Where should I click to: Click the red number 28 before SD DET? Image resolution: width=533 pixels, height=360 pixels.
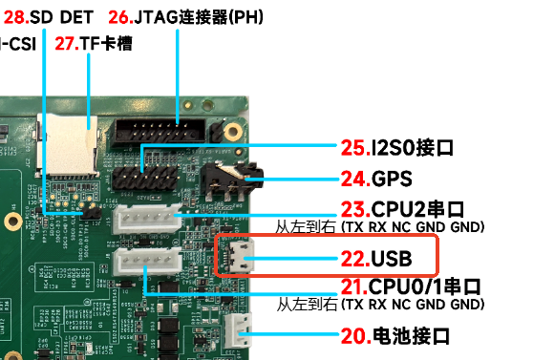tap(16, 17)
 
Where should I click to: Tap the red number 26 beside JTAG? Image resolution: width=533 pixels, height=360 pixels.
tap(121, 17)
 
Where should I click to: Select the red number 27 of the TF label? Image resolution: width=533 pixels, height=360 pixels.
tap(67, 44)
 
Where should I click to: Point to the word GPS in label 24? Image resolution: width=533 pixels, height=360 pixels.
tap(392, 179)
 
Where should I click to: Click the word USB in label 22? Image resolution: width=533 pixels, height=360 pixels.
tap(392, 259)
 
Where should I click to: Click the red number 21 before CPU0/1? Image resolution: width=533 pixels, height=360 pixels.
tap(354, 286)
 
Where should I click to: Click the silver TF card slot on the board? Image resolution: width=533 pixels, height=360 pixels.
tap(68, 145)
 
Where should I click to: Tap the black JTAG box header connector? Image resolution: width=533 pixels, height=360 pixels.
tap(159, 131)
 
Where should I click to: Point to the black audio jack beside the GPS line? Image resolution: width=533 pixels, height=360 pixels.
tap(231, 180)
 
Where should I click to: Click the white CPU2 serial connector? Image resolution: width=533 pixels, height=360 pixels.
tap(147, 220)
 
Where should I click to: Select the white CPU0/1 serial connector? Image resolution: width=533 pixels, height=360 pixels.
tap(147, 262)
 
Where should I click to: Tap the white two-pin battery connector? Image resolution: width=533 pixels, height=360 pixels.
tap(238, 330)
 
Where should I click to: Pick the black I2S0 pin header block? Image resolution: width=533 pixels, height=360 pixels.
tap(145, 178)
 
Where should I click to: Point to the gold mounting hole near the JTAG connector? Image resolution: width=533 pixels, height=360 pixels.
tap(233, 132)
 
